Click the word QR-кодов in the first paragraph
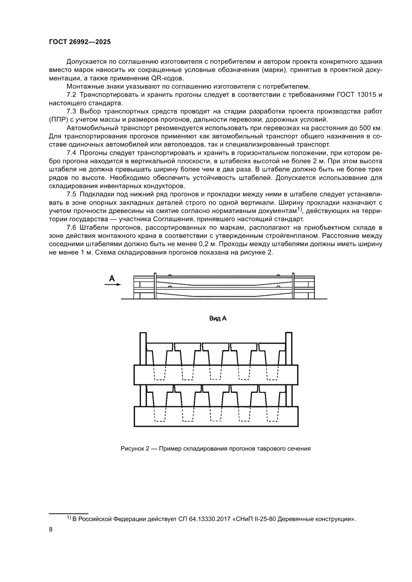[167, 78]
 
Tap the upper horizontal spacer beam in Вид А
[216, 373]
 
